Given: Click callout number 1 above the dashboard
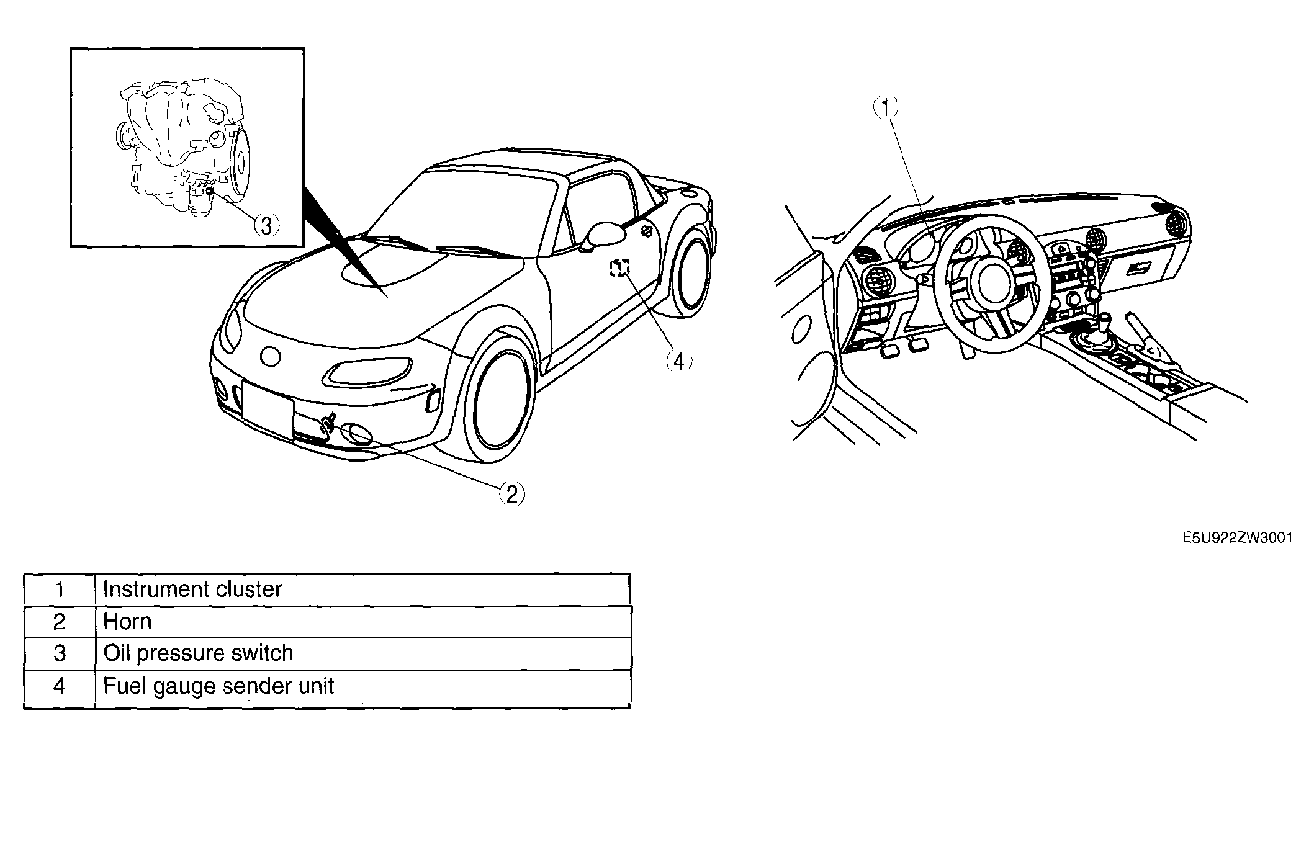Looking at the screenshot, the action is pyautogui.click(x=886, y=108).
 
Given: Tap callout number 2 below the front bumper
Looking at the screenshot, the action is pyautogui.click(x=512, y=495).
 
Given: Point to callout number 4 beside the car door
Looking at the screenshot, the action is pyautogui.click(x=679, y=361).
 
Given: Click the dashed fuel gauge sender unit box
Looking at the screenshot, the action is pyautogui.click(x=619, y=267).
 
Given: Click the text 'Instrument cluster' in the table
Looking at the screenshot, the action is pyautogui.click(x=192, y=589).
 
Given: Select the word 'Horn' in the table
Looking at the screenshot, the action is pyautogui.click(x=127, y=621).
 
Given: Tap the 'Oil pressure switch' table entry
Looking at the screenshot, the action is pyautogui.click(x=198, y=653).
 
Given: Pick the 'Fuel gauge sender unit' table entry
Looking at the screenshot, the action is pyautogui.click(x=218, y=686).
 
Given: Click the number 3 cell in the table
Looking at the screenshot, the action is pyautogui.click(x=60, y=653).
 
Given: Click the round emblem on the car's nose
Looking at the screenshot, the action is pyautogui.click(x=271, y=356).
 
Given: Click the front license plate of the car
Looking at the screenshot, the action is pyautogui.click(x=268, y=410).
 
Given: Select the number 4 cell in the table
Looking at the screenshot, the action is pyautogui.click(x=60, y=686).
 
